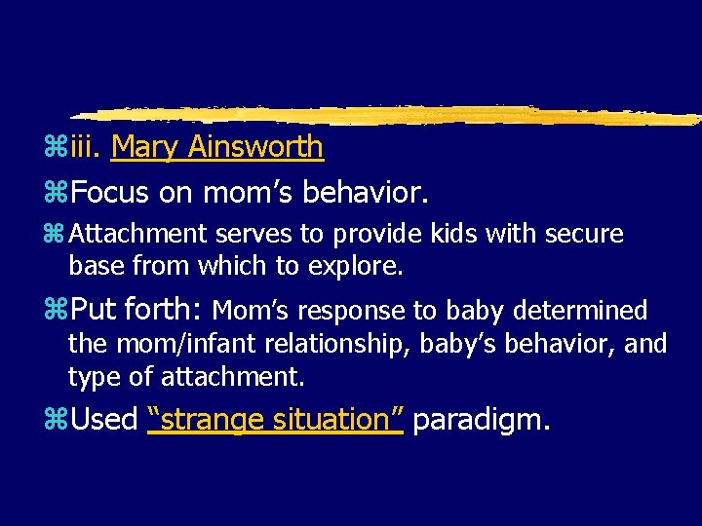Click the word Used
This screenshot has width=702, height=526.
pyautogui.click(x=104, y=420)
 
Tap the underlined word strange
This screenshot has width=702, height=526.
pyautogui.click(x=201, y=420)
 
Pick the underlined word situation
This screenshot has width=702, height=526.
pyautogui.click(x=334, y=420)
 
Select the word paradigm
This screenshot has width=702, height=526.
pyautogui.click(x=482, y=420)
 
